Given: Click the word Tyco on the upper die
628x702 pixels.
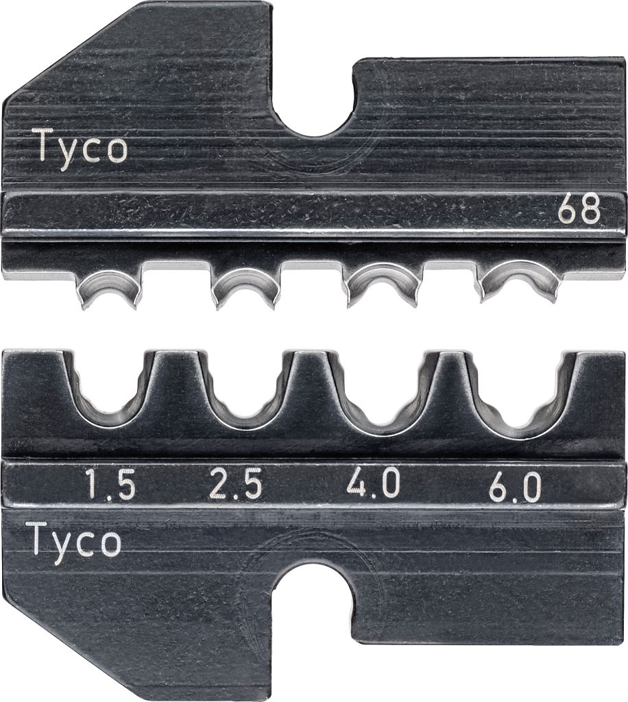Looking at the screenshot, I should [x=82, y=147].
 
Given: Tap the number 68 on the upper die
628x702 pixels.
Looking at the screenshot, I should [x=579, y=211].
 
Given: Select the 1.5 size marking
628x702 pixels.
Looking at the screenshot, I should [x=110, y=487].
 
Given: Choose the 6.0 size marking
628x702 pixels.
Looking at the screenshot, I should [x=515, y=488].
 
